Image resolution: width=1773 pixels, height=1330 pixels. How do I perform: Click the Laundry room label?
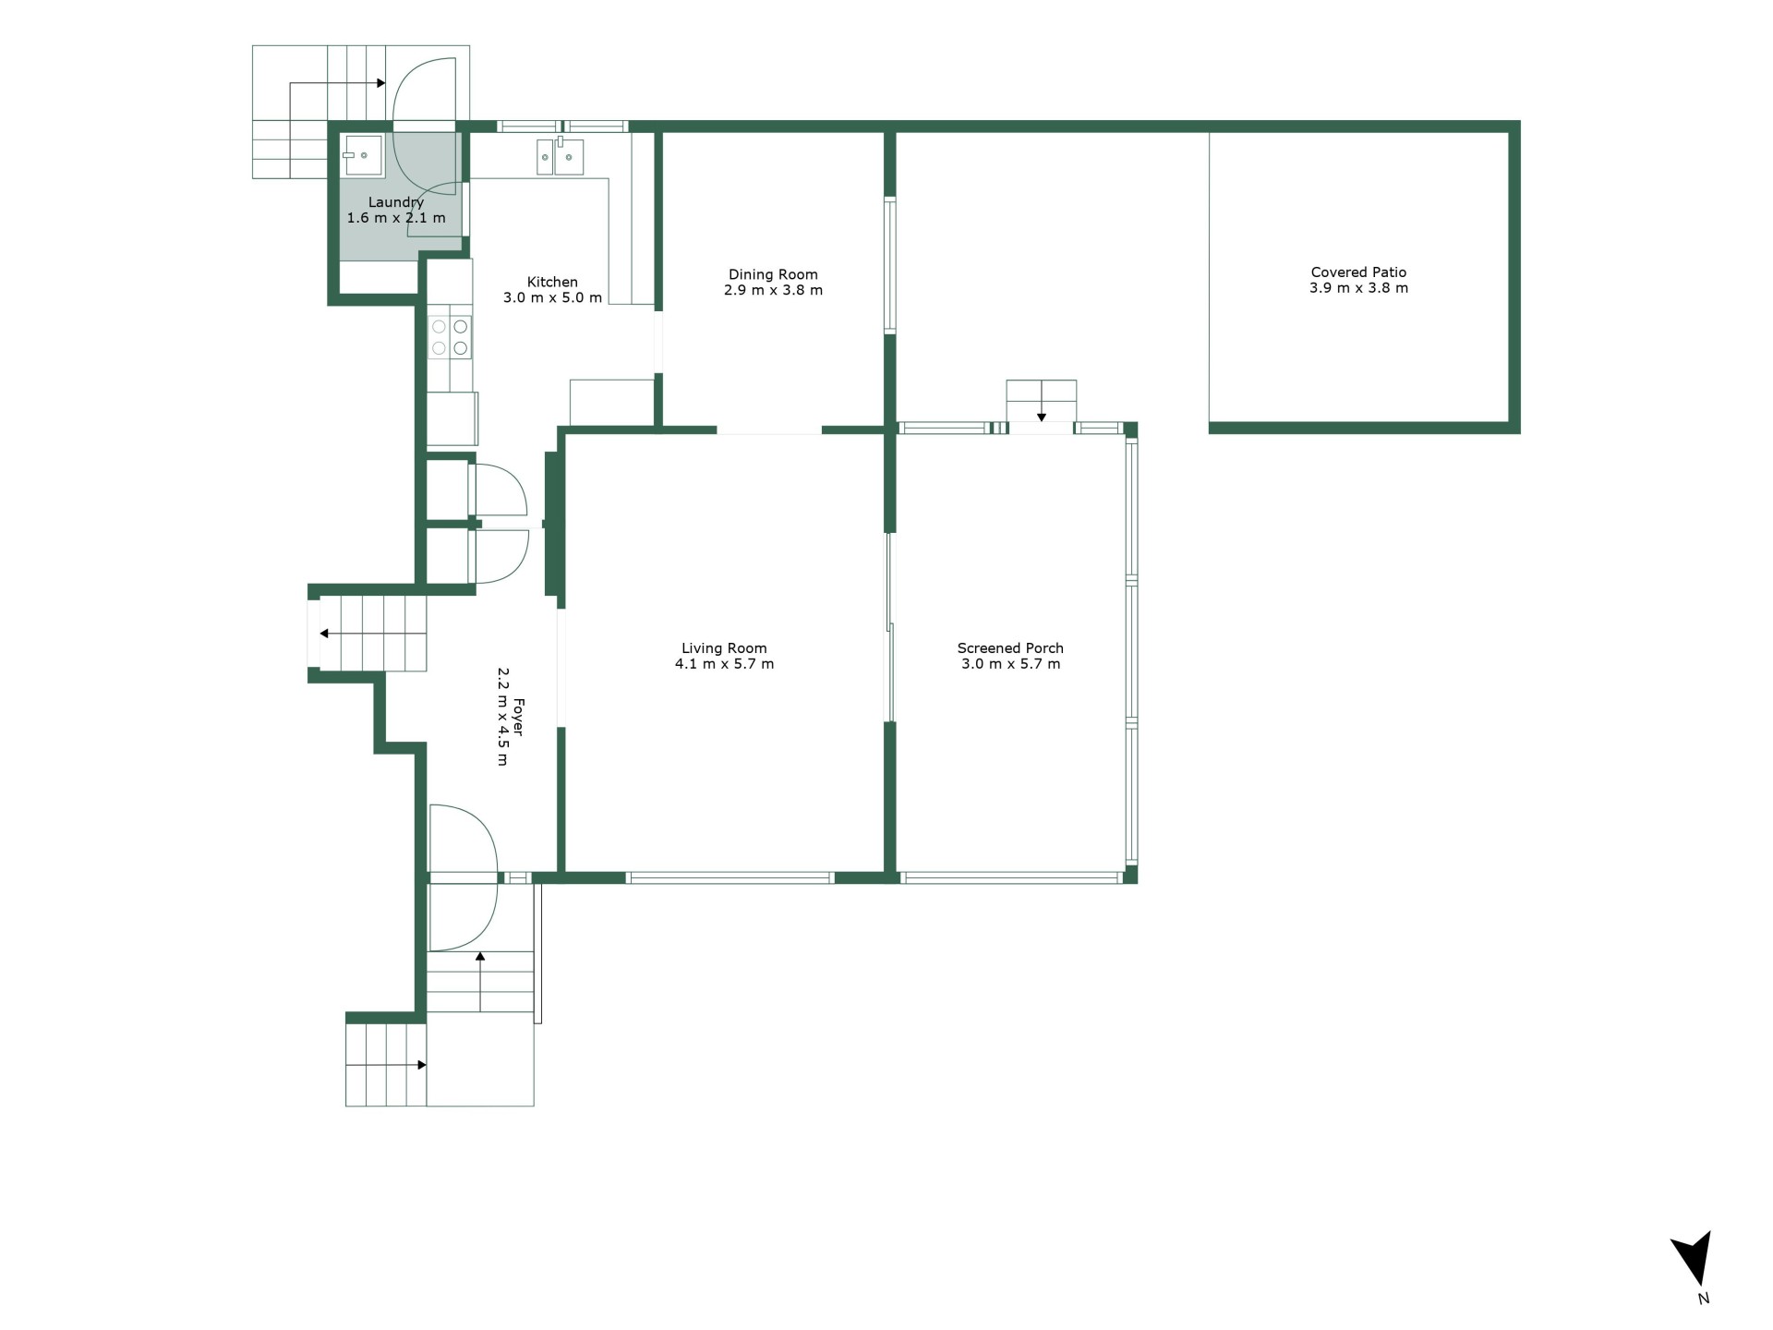[x=396, y=202]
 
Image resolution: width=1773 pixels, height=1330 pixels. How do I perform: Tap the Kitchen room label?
[x=552, y=282]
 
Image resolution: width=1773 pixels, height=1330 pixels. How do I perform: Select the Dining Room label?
[x=773, y=274]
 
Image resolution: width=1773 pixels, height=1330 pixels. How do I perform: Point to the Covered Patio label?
[x=1358, y=272]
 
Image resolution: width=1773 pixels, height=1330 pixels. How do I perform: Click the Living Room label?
[x=724, y=648]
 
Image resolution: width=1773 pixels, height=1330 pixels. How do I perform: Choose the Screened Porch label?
[x=1010, y=648]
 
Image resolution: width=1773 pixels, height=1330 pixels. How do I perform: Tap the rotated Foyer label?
[x=518, y=717]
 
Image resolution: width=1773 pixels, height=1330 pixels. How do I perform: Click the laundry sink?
[x=363, y=155]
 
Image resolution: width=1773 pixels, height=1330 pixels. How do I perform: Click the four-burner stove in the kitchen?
[x=450, y=337]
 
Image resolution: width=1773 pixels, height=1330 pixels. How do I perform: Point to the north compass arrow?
[x=1693, y=1257]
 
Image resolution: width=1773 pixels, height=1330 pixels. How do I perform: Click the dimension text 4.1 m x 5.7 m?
[x=724, y=664]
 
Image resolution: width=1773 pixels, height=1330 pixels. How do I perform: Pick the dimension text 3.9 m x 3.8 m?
[x=1358, y=288]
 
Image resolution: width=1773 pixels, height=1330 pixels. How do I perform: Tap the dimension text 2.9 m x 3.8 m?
[x=773, y=290]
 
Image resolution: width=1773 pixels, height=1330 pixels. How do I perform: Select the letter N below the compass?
[x=1704, y=1299]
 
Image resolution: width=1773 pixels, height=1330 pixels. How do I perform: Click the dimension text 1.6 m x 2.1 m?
[x=396, y=218]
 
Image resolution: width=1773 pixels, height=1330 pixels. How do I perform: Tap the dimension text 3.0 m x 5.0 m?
[x=552, y=297]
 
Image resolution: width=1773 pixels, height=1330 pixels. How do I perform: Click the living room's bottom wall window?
[x=730, y=877]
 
